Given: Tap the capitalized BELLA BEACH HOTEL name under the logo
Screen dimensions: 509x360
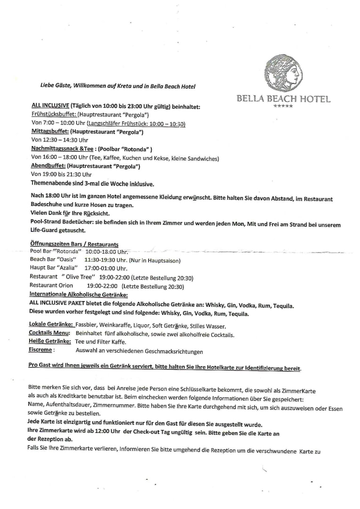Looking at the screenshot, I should tap(284, 99).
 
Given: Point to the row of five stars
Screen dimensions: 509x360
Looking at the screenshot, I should tap(283, 107).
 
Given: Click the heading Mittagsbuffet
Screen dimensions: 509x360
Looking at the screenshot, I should tap(48, 132).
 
